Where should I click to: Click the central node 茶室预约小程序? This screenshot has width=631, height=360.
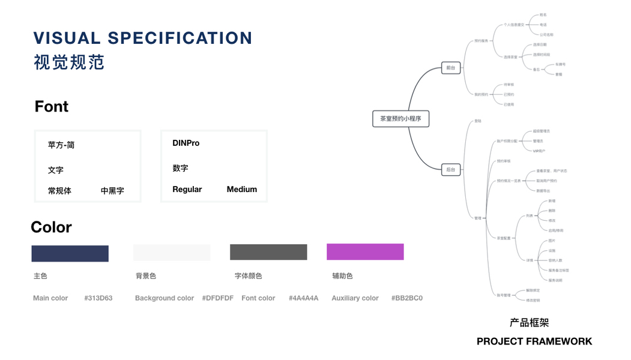click(400, 119)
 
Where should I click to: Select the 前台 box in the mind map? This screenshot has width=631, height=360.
click(450, 68)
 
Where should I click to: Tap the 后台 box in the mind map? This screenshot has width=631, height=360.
click(450, 170)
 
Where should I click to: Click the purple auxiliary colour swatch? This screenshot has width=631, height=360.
click(365, 252)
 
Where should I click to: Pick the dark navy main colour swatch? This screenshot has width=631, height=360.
click(70, 253)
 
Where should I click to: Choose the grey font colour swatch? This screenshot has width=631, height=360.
click(268, 253)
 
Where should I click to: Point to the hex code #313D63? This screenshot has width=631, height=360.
click(98, 298)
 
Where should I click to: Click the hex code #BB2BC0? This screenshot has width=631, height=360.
click(407, 298)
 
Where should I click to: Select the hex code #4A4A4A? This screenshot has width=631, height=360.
click(303, 298)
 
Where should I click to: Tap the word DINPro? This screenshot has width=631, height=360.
click(186, 143)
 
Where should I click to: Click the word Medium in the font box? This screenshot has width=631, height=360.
click(242, 190)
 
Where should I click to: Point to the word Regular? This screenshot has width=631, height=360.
click(187, 190)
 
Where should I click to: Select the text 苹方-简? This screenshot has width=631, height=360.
click(61, 145)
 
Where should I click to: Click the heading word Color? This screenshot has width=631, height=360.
click(51, 227)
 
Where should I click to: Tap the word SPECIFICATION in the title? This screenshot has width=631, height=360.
click(180, 38)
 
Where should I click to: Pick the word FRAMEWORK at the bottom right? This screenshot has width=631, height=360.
click(559, 341)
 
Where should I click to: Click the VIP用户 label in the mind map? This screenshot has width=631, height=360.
click(539, 151)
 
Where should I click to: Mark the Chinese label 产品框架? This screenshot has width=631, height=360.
click(529, 323)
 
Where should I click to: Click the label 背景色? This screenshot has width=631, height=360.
click(146, 276)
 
